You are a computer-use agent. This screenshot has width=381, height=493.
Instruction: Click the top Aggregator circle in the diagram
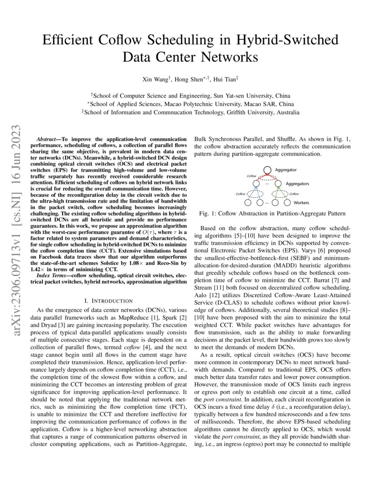pyautogui.click(x=268, y=170)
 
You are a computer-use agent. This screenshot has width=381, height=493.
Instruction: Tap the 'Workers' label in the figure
pyautogui.click(x=301, y=203)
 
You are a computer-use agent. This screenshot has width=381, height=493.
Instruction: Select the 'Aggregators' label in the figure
pyautogui.click(x=297, y=184)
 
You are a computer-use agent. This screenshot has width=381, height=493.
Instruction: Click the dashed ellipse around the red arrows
pyautogui.click(x=267, y=178)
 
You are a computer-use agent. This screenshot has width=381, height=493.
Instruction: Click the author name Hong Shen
pyautogui.click(x=190, y=79)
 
